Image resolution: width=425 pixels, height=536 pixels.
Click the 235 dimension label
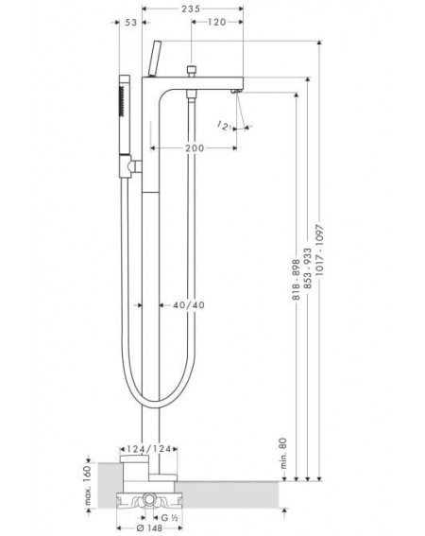point(191,9)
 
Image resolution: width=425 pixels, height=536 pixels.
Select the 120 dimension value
point(217,23)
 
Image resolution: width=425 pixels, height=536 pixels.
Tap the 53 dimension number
point(130,23)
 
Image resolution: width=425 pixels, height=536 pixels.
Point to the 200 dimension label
point(195,148)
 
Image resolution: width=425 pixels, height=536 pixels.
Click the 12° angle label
point(223,126)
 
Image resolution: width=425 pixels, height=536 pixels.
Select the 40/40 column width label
point(189,305)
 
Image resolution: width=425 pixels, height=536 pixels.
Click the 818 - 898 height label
point(296,280)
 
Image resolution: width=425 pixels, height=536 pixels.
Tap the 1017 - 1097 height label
point(319,251)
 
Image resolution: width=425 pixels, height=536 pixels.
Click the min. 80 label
point(283,453)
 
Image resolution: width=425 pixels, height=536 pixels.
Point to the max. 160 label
point(88,485)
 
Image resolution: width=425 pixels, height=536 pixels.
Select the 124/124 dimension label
point(148,449)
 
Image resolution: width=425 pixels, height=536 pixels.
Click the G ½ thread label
point(169,518)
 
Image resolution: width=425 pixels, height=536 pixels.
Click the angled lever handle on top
point(155,59)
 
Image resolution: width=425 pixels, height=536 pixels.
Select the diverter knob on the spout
point(192,70)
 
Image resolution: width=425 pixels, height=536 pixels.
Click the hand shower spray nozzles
point(121,101)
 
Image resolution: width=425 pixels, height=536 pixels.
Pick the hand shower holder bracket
point(130,166)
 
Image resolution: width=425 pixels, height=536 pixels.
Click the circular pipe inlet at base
point(149,498)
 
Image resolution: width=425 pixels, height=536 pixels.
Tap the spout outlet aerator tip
point(236,92)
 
